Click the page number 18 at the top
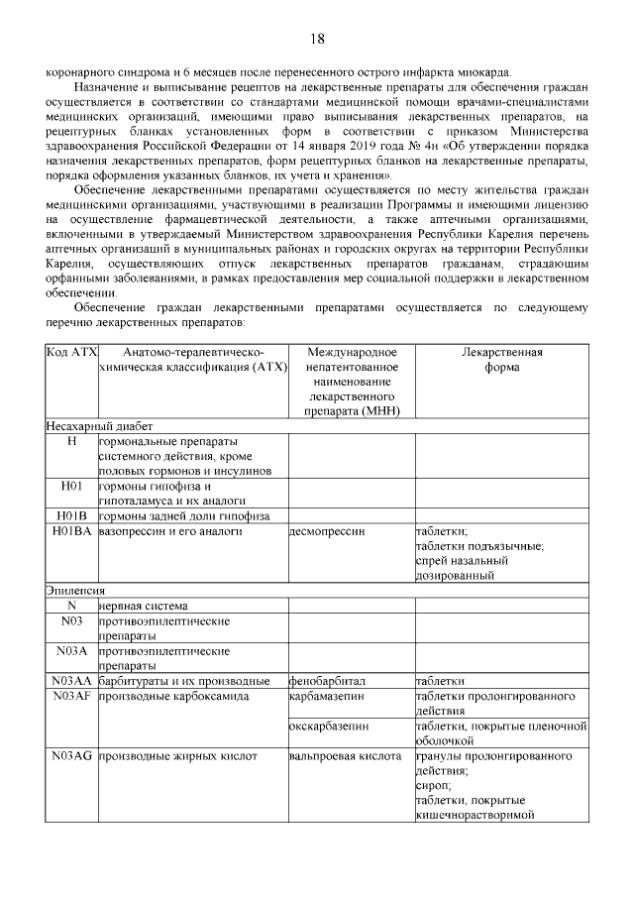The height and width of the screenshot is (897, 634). coord(317,39)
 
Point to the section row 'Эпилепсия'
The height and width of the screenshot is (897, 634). coord(75,590)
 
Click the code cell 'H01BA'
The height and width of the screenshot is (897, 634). coord(71,532)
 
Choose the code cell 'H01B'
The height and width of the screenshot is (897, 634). coord(71,516)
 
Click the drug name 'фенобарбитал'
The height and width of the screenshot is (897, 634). coord(328,682)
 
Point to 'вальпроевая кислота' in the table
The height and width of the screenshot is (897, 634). coord(344,756)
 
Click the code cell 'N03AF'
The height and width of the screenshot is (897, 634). coord(71,697)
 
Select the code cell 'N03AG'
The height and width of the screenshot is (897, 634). coord(71,756)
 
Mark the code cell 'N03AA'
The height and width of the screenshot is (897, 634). coord(71,682)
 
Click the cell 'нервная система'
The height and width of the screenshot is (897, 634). coord(144,606)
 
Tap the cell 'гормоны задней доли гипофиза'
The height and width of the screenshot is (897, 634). coord(183,516)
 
